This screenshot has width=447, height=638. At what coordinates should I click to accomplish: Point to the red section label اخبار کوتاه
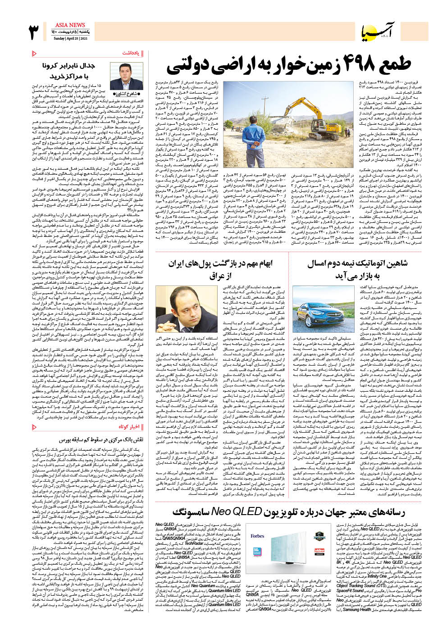point(128,426)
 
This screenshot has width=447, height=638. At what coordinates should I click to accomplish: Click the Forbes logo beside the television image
point(257,536)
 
